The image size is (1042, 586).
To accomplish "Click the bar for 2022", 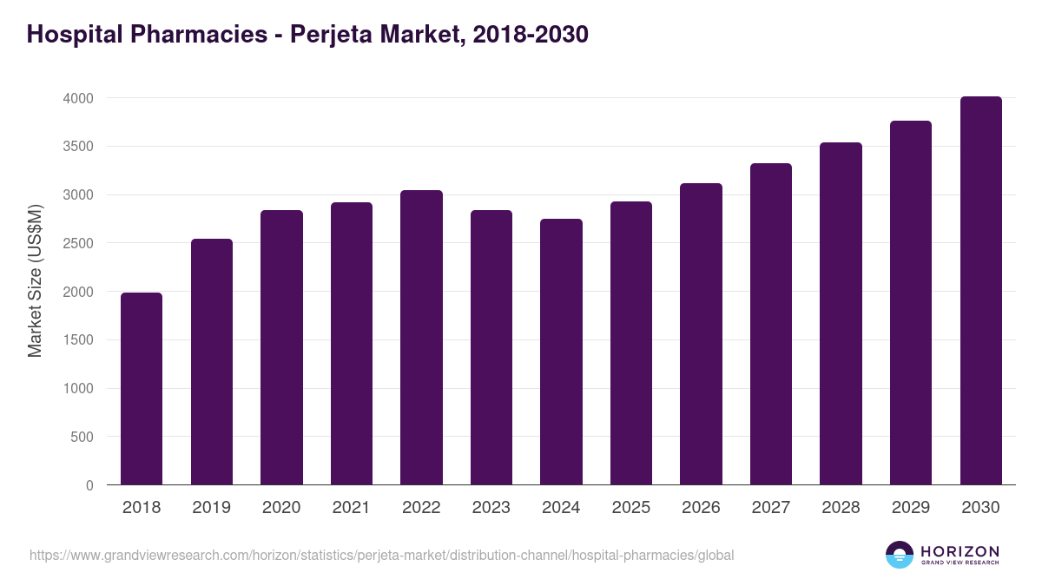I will point(421,338).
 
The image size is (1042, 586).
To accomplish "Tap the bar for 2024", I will point(561,352).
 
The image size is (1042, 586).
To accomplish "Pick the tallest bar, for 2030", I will point(980,291).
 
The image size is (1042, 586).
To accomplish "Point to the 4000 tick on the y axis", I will point(78,98).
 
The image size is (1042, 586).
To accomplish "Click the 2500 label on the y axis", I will point(78,244).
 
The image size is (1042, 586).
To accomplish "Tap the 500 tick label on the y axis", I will point(82,438).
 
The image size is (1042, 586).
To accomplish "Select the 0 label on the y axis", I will point(89,486).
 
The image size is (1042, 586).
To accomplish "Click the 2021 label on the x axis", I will point(351,508).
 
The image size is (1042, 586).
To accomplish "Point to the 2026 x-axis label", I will point(701,508).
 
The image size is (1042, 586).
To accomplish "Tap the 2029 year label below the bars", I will point(911,508).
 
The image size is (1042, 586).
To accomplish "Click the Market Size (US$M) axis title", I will point(35,280).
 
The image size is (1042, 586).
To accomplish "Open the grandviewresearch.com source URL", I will point(382,555).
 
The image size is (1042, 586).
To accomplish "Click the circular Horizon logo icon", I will point(899,555).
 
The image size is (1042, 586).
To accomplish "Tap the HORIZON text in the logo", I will point(960,551).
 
